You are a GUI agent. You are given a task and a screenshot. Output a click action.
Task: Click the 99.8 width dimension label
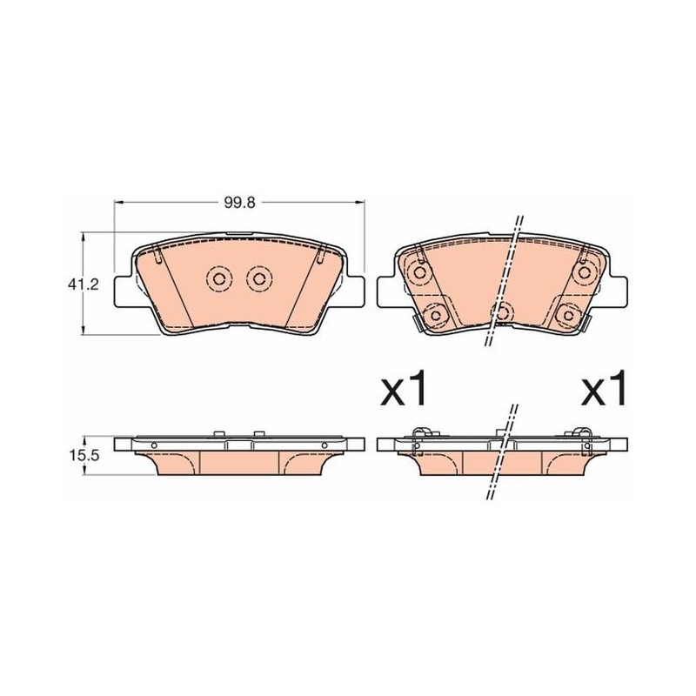[240, 203]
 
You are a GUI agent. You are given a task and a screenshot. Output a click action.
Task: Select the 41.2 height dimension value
[83, 284]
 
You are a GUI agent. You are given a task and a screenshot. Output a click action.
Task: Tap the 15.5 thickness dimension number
[83, 455]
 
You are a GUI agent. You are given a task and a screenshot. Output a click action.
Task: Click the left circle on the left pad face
[219, 278]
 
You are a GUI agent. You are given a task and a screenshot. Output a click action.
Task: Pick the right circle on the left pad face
[259, 278]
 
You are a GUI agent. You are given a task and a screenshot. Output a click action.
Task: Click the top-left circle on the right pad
[419, 272]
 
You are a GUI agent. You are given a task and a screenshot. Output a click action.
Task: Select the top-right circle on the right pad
[585, 272]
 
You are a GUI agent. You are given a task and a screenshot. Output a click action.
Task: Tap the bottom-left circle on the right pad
[436, 315]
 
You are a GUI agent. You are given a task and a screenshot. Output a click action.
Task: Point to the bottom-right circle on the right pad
[569, 315]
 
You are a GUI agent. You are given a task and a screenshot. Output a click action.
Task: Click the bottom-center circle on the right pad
[502, 312]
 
